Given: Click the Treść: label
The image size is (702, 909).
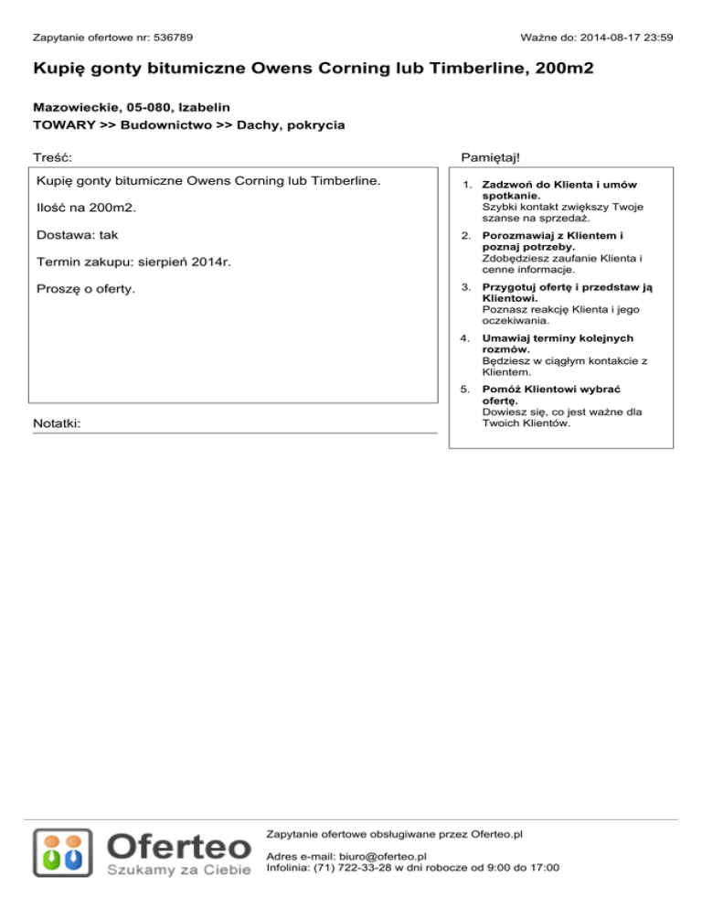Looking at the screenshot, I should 53,158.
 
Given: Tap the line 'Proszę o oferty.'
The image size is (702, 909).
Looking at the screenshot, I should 85,290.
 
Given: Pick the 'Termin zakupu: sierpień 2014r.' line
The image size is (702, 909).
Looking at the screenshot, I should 133,262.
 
